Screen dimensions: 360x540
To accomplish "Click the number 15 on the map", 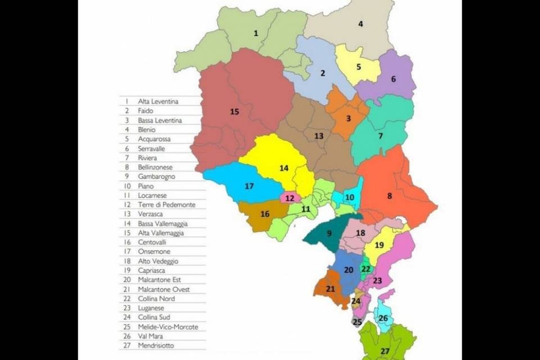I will pyautogui.click(x=235, y=112).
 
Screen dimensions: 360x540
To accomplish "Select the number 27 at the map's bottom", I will pyautogui.click(x=384, y=352).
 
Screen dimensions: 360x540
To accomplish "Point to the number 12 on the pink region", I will pyautogui.click(x=290, y=198).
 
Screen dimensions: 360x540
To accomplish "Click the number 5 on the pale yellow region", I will pyautogui.click(x=358, y=67).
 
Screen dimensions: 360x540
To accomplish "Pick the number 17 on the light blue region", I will pyautogui.click(x=249, y=186).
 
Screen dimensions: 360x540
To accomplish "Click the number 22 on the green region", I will pyautogui.click(x=366, y=269).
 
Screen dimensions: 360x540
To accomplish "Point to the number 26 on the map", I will pyautogui.click(x=383, y=318).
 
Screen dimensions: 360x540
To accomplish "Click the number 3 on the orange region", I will pyautogui.click(x=348, y=118).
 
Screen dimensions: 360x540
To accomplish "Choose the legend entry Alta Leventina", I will pyautogui.click(x=158, y=101).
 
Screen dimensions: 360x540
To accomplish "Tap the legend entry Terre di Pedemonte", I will pyautogui.click(x=166, y=205).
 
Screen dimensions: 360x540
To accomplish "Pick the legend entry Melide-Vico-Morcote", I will pyautogui.click(x=168, y=327).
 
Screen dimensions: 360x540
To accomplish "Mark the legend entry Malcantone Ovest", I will pyautogui.click(x=164, y=289).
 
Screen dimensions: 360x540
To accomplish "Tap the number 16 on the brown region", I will pyautogui.click(x=264, y=214).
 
